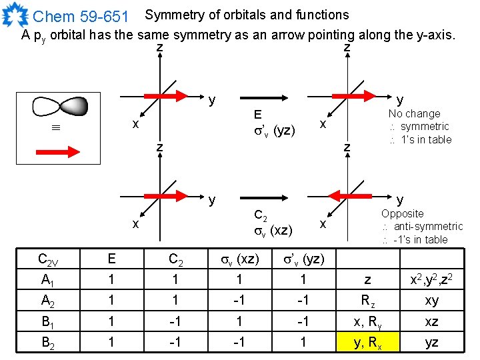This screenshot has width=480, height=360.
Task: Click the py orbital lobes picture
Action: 60,107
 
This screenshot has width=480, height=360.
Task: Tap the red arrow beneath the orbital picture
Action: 59,152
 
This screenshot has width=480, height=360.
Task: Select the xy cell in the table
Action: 432,301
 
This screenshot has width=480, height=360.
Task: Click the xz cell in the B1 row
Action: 432,321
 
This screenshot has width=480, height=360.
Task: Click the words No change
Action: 415,114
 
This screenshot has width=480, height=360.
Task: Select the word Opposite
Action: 402,214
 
